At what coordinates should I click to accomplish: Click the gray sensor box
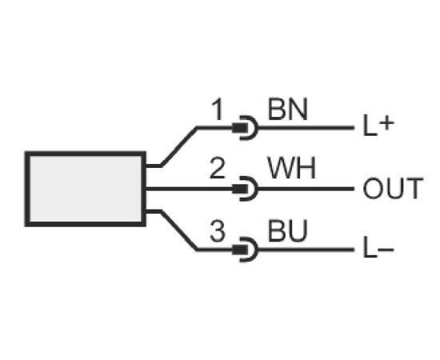click(x=86, y=189)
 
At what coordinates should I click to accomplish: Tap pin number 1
click(x=218, y=110)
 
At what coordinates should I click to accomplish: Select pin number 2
click(x=218, y=168)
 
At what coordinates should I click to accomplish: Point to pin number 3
click(x=218, y=231)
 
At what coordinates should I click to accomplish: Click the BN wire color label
click(x=288, y=109)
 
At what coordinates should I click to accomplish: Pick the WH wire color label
click(x=291, y=168)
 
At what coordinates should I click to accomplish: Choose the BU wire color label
click(x=288, y=230)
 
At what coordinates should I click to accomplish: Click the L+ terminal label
click(x=378, y=125)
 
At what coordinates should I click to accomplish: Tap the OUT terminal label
click(x=393, y=188)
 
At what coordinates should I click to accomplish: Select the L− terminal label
click(x=378, y=248)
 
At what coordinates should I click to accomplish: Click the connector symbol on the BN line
click(x=245, y=128)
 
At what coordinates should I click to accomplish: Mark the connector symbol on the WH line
click(x=245, y=189)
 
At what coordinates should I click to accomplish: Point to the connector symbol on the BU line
click(x=245, y=250)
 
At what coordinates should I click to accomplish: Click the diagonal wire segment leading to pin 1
click(x=178, y=146)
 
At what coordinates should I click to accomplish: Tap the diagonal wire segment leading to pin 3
click(x=178, y=230)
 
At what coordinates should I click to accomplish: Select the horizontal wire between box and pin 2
click(x=189, y=189)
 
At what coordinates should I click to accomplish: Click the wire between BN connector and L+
click(x=306, y=128)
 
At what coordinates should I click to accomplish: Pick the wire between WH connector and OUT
click(x=306, y=189)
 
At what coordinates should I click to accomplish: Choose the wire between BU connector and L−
click(x=306, y=250)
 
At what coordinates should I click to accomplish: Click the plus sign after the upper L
click(x=387, y=123)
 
